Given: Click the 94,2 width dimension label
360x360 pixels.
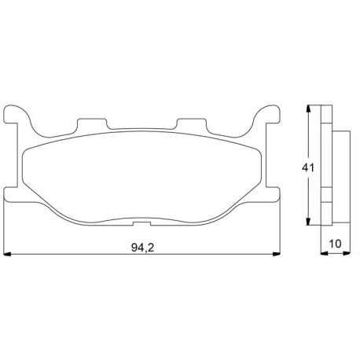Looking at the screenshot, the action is click(142, 248).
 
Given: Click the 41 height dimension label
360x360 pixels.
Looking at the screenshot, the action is click(308, 167).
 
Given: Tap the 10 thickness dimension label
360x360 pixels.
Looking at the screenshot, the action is click(336, 244).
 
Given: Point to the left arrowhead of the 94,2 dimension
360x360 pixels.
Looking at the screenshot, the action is click(7, 254).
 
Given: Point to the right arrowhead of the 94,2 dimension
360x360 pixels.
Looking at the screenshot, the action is click(277, 254).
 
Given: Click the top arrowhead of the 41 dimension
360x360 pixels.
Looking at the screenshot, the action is click(308, 109).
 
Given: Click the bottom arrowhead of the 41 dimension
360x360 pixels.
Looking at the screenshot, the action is click(308, 221).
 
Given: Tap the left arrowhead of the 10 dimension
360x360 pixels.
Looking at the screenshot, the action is click(325, 253).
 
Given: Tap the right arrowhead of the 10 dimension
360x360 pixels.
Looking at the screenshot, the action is click(347, 253).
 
